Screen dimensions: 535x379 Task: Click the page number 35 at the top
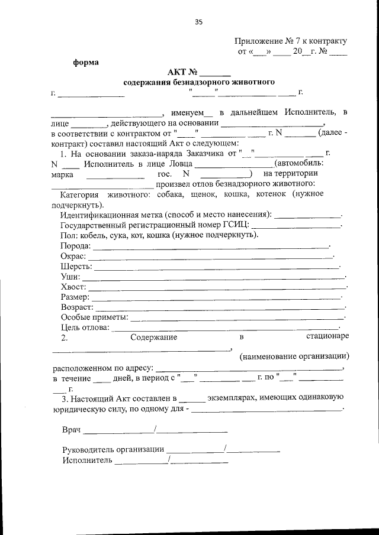(198, 22)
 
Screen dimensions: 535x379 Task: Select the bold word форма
(86, 61)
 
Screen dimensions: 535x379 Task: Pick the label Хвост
(73, 287)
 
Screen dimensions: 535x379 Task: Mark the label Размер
(75, 297)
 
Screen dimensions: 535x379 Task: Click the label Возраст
(77, 307)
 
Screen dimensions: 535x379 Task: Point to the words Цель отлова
(85, 328)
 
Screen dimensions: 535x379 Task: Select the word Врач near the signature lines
(71, 430)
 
